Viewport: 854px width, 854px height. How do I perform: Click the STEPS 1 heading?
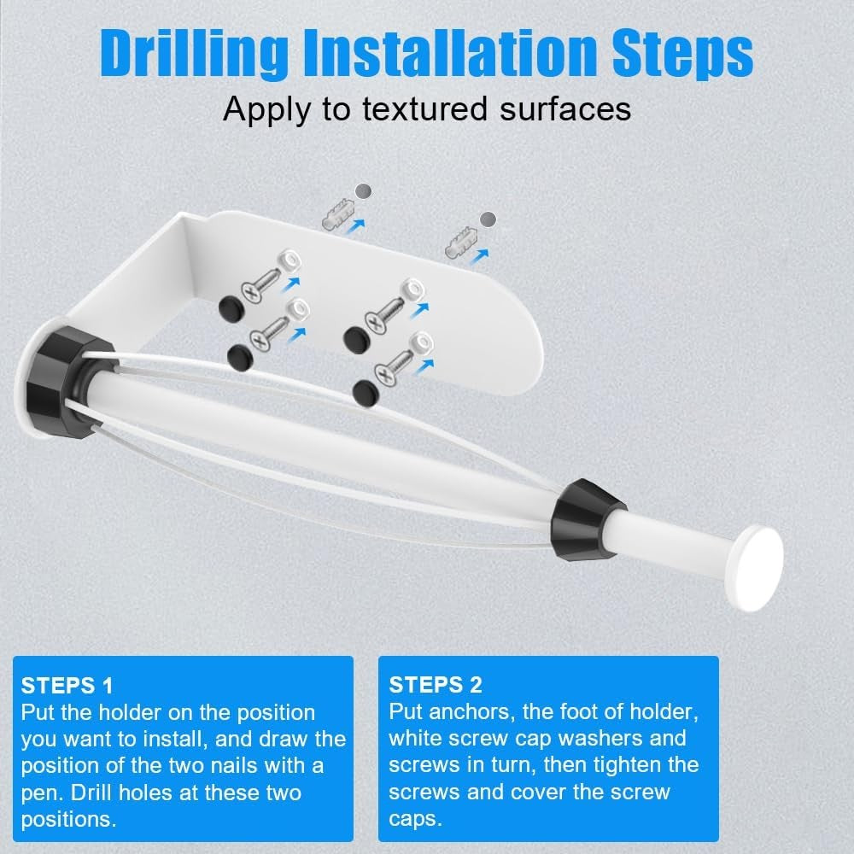(x=67, y=685)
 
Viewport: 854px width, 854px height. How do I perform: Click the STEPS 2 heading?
(x=436, y=684)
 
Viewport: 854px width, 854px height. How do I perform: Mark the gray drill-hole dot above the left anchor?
(x=364, y=190)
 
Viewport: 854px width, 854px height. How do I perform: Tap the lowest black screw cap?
(x=366, y=391)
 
